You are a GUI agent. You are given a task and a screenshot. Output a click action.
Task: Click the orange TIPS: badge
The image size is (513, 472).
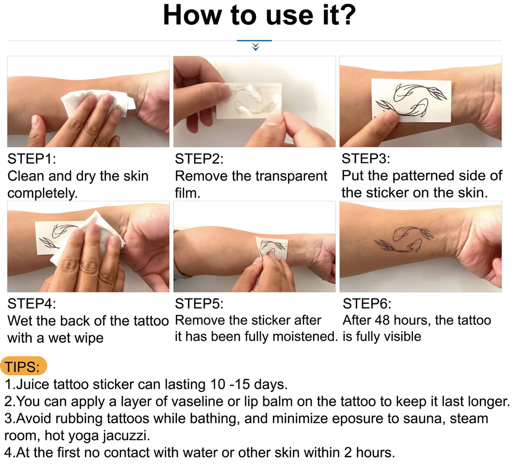24,366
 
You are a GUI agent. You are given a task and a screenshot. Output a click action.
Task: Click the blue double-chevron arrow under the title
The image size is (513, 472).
255,47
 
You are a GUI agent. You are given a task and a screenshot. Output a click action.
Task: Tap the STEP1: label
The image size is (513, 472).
32,159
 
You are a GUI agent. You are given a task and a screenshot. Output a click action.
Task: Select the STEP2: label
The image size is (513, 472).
199,159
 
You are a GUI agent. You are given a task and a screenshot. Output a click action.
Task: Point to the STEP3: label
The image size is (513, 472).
366,159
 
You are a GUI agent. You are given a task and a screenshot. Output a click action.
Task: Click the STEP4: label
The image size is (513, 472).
32,304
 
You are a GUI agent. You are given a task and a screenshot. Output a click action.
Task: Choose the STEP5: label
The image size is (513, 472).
199,304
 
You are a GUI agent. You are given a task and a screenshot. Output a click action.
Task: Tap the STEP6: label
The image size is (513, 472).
367,304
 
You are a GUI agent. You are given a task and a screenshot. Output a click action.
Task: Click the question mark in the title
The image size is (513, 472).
347,15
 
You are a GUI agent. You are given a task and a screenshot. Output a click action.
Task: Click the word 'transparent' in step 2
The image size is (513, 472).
291,176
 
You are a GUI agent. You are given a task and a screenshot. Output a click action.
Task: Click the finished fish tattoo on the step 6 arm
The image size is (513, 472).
404,239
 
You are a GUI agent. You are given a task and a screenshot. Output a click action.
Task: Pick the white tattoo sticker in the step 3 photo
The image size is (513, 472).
411,101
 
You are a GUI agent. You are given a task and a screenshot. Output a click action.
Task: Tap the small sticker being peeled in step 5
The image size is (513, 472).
271,247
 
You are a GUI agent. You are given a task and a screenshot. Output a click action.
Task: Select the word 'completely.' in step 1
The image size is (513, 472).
43,193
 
